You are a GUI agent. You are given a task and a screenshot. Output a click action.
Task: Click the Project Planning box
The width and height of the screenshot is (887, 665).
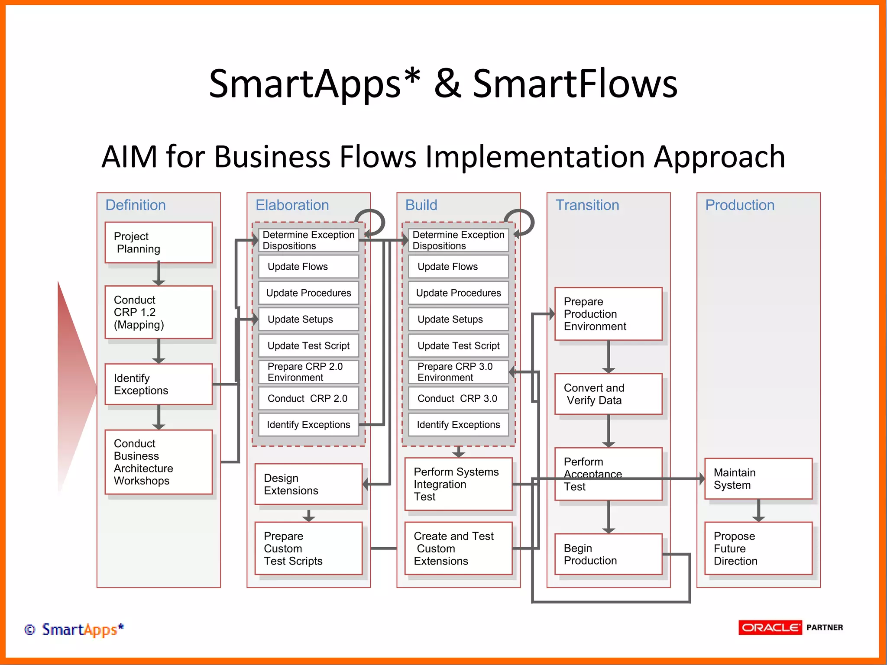coord(159,242)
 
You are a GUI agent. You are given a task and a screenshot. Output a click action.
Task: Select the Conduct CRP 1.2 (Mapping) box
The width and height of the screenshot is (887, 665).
coord(159,312)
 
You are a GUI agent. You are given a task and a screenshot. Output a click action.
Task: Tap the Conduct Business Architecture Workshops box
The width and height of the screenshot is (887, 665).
coord(159,462)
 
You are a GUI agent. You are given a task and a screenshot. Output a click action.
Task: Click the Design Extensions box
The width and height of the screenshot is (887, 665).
coord(308,484)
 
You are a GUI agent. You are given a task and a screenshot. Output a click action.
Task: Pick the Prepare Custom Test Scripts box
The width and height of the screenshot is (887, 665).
coord(308,549)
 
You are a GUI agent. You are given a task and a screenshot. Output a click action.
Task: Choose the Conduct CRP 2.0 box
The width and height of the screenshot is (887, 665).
coord(308,398)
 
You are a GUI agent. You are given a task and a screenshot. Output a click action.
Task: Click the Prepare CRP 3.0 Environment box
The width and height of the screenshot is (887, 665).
coord(458,372)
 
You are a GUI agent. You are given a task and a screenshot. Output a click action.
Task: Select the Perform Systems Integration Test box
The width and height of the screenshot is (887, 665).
coord(458,484)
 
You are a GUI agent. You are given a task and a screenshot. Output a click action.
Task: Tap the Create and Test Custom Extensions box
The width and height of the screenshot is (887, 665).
coord(458,549)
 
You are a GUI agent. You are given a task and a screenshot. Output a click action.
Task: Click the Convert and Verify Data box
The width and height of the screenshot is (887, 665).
coord(608,394)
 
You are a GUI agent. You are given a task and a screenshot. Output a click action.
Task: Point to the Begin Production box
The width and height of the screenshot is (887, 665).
coord(608,554)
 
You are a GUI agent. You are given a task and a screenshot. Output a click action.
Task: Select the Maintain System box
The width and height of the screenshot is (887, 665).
coord(758,479)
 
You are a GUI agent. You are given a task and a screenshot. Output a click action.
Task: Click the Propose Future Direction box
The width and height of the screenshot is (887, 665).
coord(758,549)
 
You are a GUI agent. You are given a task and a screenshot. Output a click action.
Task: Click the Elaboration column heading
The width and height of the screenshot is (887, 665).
coord(292,205)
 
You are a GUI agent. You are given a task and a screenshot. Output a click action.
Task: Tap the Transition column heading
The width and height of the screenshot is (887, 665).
coord(587,205)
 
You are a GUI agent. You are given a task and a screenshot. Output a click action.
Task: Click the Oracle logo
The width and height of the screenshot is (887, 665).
coord(770,627)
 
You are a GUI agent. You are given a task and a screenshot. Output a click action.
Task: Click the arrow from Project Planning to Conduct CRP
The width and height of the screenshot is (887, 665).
coord(159,274)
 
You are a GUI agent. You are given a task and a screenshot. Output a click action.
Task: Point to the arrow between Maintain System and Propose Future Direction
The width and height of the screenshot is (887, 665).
coord(758,510)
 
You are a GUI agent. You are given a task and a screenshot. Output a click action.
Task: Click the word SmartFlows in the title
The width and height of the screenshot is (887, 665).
coord(574,84)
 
